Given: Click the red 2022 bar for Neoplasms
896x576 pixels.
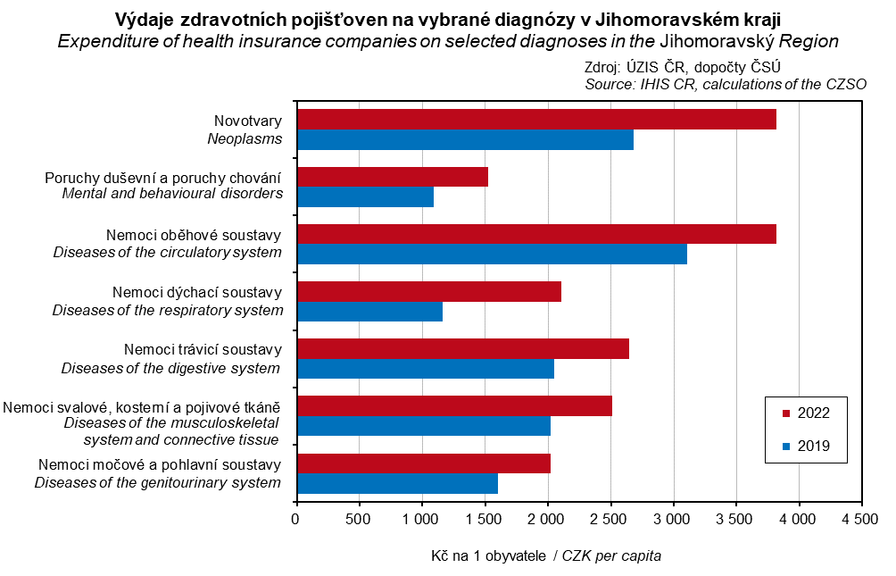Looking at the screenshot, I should [535, 120].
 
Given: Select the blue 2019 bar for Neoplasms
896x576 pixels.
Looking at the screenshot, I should [464, 140].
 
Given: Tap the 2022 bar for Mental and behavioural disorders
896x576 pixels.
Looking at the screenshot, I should [392, 177].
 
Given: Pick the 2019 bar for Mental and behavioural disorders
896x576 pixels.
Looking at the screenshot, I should [365, 196].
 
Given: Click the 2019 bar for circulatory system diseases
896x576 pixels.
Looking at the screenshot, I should [492, 254].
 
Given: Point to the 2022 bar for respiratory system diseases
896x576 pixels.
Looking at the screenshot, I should [428, 291].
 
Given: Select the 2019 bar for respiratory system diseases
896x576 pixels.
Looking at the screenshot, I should [369, 311].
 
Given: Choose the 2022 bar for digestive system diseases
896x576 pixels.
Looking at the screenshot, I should [462, 348].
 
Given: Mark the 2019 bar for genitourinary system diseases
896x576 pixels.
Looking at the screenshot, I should [397, 483].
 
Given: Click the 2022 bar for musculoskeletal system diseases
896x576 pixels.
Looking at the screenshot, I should [454, 405].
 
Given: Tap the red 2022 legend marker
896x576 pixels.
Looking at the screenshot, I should [786, 413].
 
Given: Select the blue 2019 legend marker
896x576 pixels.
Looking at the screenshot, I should [786, 447].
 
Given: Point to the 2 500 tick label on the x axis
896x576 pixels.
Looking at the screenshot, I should [610, 518].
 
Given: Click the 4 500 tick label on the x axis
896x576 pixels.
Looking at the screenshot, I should [861, 518].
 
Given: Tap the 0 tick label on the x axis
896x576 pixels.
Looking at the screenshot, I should [296, 518].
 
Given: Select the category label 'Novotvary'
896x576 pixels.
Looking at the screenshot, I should [248, 121].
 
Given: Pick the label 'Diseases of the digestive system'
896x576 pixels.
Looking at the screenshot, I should [170, 368].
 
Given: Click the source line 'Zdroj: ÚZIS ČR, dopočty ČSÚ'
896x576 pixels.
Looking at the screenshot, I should [684, 68].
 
